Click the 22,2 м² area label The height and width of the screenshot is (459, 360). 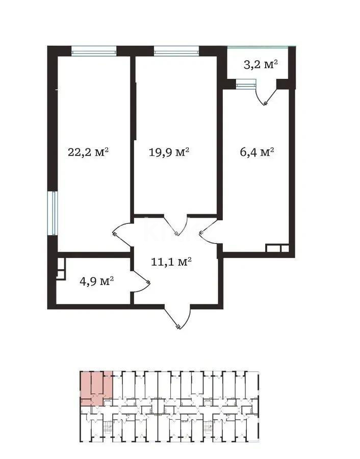coord(89,152)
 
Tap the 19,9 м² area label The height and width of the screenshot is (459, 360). coord(169,152)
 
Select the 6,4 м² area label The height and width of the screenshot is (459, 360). coord(257,152)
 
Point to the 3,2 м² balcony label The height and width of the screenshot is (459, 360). coord(260,64)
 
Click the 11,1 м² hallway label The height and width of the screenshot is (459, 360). coord(171,262)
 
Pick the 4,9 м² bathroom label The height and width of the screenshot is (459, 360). coord(96,280)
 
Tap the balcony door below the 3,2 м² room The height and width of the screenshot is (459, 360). coord(266,94)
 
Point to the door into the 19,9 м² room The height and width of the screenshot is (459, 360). coord(176,226)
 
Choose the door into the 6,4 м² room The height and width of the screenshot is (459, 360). coord(209,232)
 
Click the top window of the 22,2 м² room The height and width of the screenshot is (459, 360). coord(94,50)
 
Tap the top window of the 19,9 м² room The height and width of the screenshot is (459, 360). coord(176,50)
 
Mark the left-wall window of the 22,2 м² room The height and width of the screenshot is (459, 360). coord(52,213)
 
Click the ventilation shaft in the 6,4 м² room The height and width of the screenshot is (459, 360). coord(277,249)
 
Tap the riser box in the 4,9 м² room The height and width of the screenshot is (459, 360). coord(60,268)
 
